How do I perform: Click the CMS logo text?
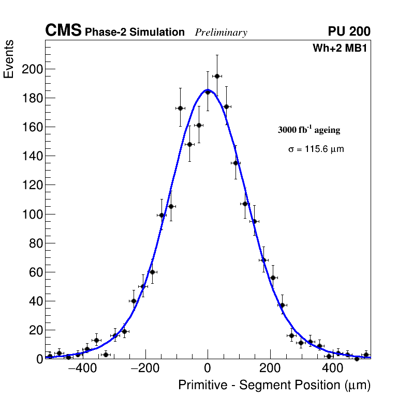tap(63, 31)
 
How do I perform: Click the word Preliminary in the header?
tap(221, 33)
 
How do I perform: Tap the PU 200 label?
tap(349, 32)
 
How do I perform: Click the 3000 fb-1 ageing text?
tap(309, 130)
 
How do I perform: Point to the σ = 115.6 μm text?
tap(316, 149)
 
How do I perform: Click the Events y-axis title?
tap(9, 59)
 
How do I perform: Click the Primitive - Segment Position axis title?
tap(274, 386)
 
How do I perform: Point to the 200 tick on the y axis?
tap(32, 69)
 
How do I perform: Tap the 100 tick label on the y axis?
tap(32, 214)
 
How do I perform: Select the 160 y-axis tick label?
tap(32, 127)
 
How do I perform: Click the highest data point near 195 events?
tap(217, 76)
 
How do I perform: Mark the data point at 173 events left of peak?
tap(180, 108)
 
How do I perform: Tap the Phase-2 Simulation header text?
tap(135, 32)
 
